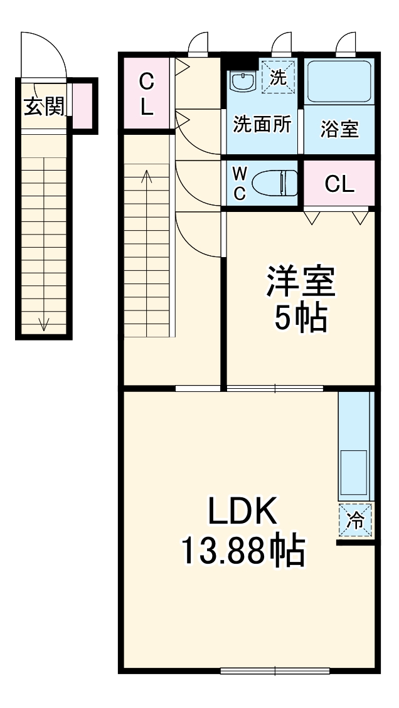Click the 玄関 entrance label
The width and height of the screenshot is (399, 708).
click(44, 107)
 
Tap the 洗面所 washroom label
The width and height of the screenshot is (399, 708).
click(262, 124)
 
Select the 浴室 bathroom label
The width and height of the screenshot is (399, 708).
click(339, 129)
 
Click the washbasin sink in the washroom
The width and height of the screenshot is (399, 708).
click(240, 81)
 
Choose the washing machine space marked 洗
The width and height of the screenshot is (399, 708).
click(277, 77)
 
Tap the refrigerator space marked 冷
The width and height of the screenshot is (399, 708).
click(356, 520)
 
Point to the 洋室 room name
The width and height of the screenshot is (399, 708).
click(301, 282)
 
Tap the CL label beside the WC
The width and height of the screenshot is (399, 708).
click(339, 184)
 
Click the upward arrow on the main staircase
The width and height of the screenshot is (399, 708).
click(147, 179)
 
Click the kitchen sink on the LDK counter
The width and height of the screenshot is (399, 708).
click(353, 472)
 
